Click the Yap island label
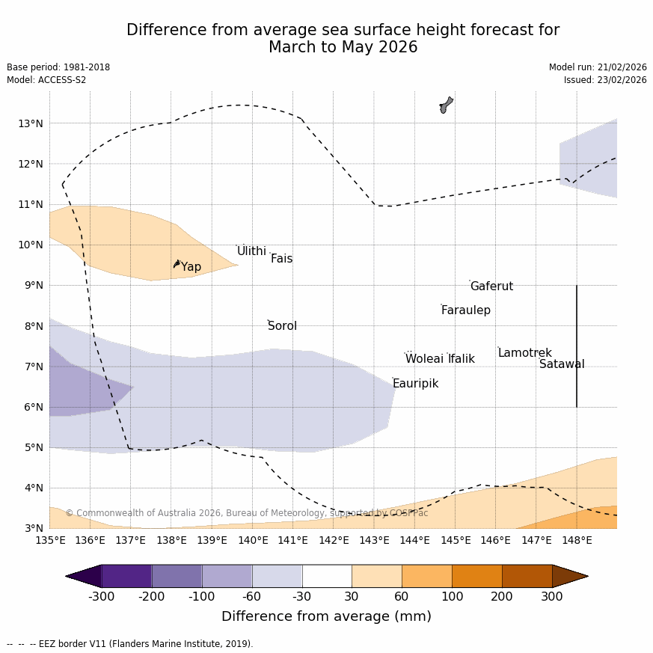(191, 267)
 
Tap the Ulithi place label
(251, 251)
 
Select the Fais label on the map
(281, 259)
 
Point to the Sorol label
(282, 326)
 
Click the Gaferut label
(491, 286)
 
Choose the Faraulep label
(465, 310)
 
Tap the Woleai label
(424, 359)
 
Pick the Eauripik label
(415, 384)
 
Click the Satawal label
(562, 364)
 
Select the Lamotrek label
(524, 353)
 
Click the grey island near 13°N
(446, 105)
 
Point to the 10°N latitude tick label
(31, 245)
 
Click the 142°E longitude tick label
(334, 540)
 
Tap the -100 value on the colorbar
(201, 596)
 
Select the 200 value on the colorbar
(502, 596)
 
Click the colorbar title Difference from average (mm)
(326, 616)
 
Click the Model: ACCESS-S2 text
(46, 80)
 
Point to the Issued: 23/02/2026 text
(605, 80)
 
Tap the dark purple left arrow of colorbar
(83, 576)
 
